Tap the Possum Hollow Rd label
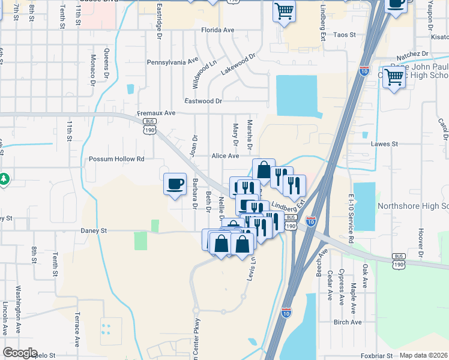pos(116,159)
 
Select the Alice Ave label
pos(225,155)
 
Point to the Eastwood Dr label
pos(203,101)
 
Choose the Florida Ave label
pos(217,29)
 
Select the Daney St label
pos(94,230)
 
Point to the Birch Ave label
pos(348,322)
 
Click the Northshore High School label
pos(412,206)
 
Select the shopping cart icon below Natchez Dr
pos(394,77)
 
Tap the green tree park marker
pos(4,179)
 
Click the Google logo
pos(20,353)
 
